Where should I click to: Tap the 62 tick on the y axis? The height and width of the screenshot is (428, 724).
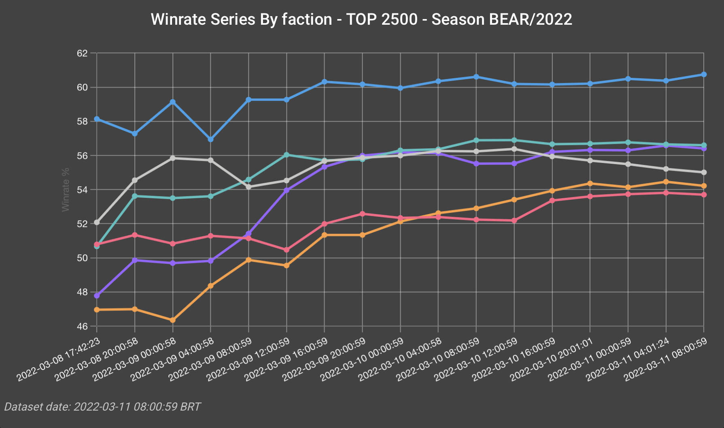click(x=82, y=53)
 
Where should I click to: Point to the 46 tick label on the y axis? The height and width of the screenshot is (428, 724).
click(x=82, y=327)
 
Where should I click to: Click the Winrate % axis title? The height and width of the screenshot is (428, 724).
click(x=66, y=190)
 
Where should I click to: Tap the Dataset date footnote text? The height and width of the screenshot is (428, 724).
click(x=102, y=407)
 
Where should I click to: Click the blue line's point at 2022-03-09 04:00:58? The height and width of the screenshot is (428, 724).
click(x=210, y=139)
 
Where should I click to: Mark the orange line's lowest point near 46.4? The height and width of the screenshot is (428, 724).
click(x=173, y=320)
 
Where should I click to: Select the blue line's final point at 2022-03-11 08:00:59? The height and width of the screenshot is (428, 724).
click(x=704, y=75)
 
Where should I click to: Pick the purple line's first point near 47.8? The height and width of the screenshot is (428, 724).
click(x=97, y=295)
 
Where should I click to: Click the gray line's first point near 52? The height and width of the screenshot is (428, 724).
click(x=97, y=223)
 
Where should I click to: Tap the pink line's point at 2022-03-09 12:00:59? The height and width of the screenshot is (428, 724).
click(x=287, y=250)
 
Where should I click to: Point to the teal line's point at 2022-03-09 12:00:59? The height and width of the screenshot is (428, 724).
click(x=287, y=155)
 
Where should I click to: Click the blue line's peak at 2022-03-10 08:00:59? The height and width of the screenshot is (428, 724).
click(x=476, y=77)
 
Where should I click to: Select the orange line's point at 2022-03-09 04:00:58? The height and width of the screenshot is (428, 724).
click(x=210, y=286)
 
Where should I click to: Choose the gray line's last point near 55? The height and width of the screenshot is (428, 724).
click(x=704, y=172)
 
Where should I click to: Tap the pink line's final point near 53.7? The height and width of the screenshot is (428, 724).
click(x=704, y=195)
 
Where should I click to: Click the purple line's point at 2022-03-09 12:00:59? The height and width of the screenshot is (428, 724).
click(x=287, y=190)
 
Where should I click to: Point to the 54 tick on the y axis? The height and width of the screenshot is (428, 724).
click(x=82, y=190)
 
